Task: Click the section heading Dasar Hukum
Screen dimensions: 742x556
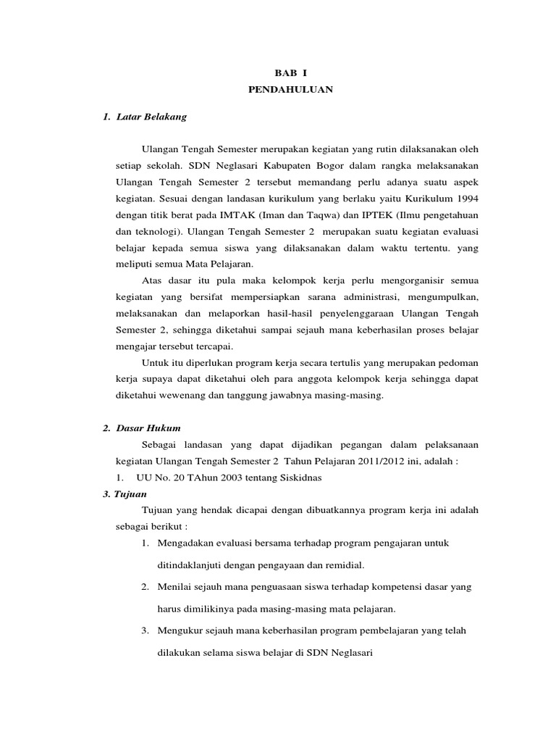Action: point(148,428)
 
